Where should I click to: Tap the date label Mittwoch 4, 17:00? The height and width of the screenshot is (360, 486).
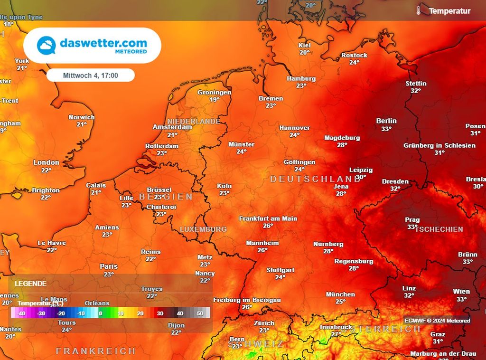(91, 75)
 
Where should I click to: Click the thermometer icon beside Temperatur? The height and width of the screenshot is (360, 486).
(419, 10)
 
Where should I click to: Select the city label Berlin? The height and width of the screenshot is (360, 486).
(386, 121)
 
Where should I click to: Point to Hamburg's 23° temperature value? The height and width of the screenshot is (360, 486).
(301, 86)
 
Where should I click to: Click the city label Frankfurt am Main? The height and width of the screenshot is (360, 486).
(268, 218)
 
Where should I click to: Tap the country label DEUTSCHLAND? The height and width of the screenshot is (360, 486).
(315, 179)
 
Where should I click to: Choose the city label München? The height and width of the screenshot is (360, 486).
(340, 294)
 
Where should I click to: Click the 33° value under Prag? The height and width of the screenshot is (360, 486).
(412, 227)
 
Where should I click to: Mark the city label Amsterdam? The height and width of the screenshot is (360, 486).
(172, 127)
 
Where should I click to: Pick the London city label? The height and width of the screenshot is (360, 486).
(46, 162)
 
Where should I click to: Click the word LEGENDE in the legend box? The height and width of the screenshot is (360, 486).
(30, 284)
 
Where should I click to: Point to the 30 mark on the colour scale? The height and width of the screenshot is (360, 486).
(160, 313)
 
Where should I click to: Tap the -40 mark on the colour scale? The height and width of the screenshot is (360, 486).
(21, 313)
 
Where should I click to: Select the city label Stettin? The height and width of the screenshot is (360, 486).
(416, 84)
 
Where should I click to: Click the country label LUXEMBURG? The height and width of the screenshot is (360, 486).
(203, 229)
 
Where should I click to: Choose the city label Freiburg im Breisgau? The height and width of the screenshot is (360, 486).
(247, 300)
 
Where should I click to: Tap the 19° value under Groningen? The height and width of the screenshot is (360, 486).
(214, 100)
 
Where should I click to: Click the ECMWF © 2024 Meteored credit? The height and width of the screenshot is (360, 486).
(437, 321)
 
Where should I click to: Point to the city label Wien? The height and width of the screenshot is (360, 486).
(461, 292)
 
